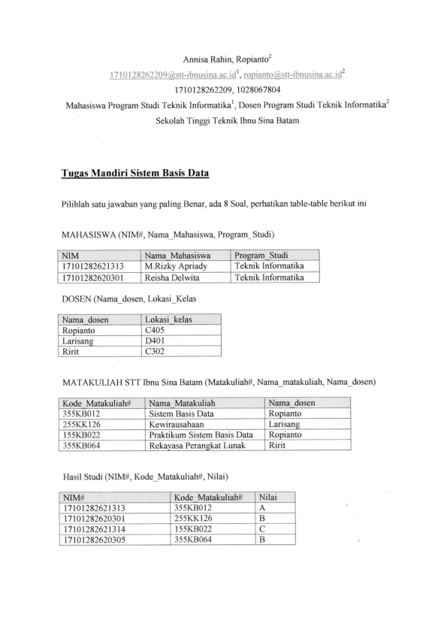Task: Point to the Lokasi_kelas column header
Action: pyautogui.click(x=168, y=320)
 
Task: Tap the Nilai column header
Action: pyautogui.click(x=268, y=497)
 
